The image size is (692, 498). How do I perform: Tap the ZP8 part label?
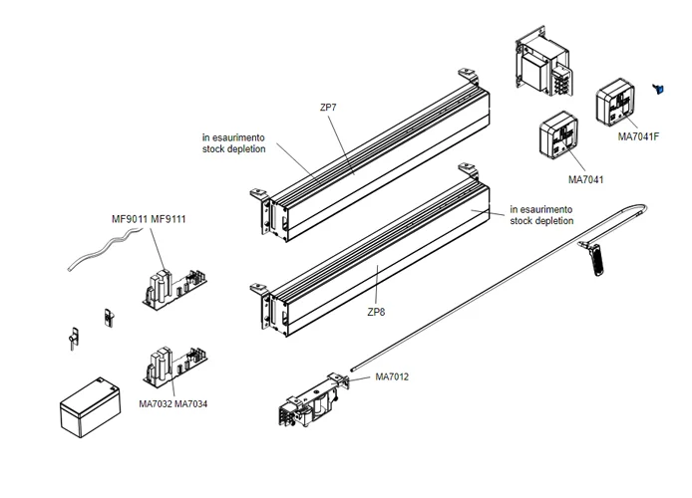377,312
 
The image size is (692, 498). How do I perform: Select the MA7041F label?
639,135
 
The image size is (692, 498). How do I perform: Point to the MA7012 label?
392,376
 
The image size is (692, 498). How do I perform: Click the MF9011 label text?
129,219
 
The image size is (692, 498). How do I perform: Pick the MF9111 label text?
169,219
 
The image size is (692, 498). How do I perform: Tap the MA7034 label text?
191,403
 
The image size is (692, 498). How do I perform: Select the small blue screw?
657,90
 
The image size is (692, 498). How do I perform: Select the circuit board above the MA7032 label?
174,367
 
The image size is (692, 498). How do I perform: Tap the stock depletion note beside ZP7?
233,142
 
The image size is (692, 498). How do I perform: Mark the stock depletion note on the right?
540,215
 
